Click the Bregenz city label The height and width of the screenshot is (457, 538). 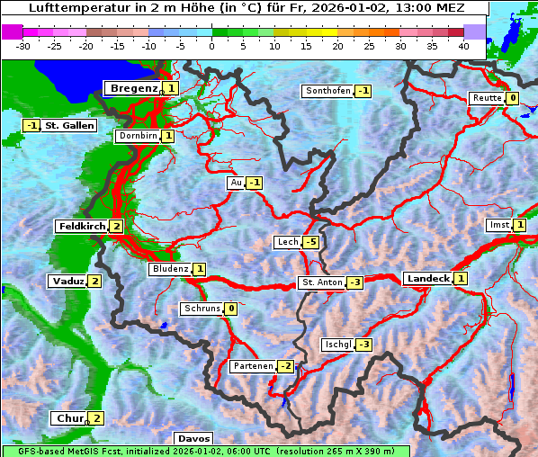(x=133, y=88)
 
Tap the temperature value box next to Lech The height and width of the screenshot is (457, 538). (x=310, y=242)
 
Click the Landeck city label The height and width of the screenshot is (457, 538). (x=427, y=279)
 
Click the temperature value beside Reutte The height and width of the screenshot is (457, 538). (x=512, y=98)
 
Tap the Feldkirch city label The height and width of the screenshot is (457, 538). (x=81, y=227)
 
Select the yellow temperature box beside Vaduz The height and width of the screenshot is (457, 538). (x=95, y=282)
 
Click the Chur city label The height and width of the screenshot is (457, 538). (x=69, y=418)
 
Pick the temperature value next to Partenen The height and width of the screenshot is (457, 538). (x=285, y=366)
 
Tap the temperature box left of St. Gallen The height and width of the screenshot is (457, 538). (x=32, y=125)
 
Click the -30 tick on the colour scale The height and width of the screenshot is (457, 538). (x=23, y=46)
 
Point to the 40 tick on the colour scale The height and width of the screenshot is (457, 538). (x=463, y=46)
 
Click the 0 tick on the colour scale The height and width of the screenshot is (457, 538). (x=211, y=46)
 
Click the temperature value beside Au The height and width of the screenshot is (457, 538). (x=255, y=183)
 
